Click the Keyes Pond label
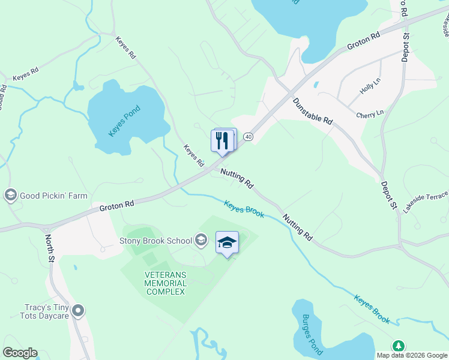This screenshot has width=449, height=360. point(124,121)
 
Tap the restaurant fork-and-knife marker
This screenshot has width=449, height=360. point(222,141)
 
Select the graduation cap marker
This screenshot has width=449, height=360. point(227,242)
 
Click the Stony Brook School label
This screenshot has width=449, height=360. point(155,241)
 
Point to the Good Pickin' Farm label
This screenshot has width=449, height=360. point(53,196)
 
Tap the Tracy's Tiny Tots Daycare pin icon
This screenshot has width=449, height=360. point(77,311)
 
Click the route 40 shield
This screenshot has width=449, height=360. point(249,137)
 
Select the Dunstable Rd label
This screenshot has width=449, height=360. point(312,111)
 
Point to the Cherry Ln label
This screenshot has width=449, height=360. point(369,114)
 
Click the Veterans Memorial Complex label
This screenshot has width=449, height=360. point(165,283)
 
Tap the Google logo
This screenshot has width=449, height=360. point(20,353)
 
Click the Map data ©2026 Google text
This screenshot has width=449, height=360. point(412,355)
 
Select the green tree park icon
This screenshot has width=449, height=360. point(397,346)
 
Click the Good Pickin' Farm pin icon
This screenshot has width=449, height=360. point(10,196)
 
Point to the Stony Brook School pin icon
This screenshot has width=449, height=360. point(200,241)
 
